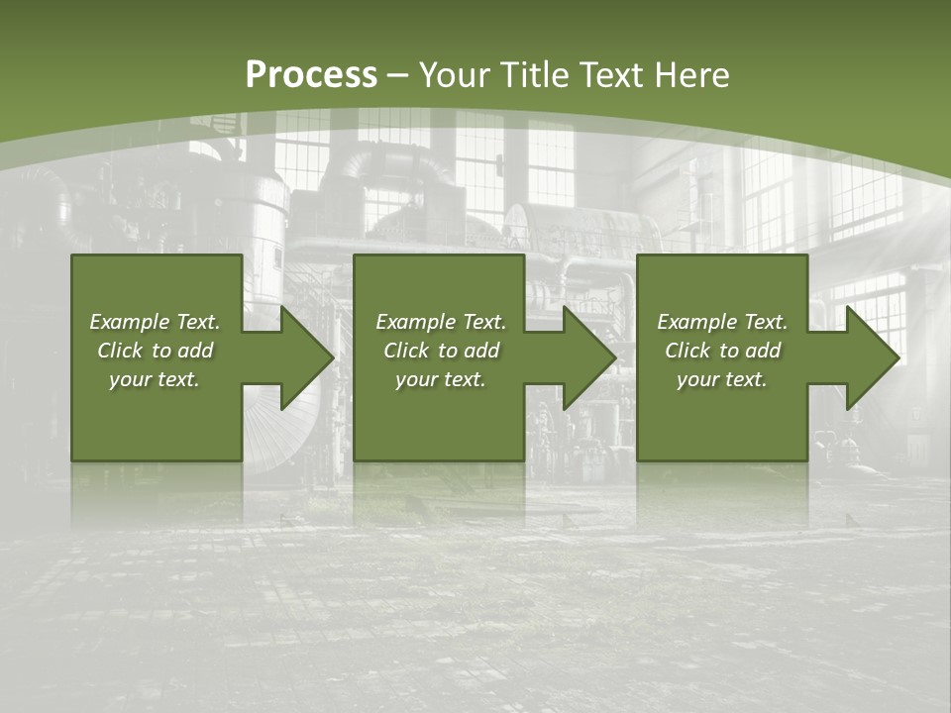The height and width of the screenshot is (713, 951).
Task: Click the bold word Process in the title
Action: pyautogui.click(x=311, y=74)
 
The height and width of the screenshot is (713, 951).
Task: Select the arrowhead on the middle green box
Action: pyautogui.click(x=588, y=357)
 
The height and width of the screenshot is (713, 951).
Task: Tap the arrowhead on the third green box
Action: pyautogui.click(x=872, y=357)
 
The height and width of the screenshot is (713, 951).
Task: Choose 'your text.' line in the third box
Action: pyautogui.click(x=721, y=379)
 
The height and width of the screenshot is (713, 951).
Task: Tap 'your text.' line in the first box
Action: pyautogui.click(x=155, y=379)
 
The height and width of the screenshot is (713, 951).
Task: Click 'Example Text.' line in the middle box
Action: pyautogui.click(x=441, y=322)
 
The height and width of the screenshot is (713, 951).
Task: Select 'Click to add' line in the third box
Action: pyautogui.click(x=722, y=351)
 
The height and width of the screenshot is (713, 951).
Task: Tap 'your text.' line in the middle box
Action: pyautogui.click(x=440, y=379)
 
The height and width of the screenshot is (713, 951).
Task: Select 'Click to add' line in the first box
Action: pyautogui.click(x=155, y=351)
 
